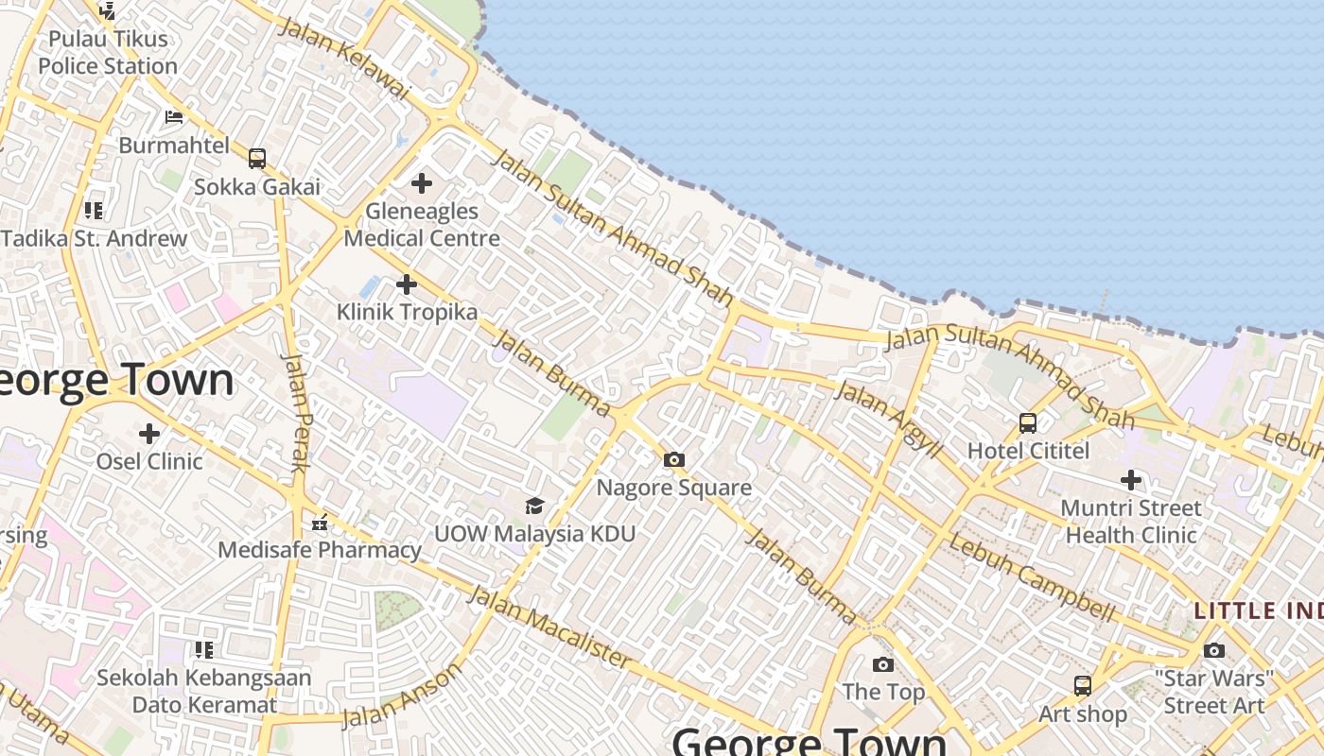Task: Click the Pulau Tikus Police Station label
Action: (x=108, y=53)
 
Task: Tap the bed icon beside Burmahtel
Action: (x=174, y=117)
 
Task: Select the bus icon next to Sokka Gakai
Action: (x=257, y=159)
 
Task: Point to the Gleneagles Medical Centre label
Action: (x=422, y=225)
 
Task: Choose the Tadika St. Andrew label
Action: (x=95, y=238)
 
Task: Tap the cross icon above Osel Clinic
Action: (x=149, y=434)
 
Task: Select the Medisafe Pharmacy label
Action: (x=320, y=550)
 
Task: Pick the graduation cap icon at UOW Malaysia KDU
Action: (x=534, y=506)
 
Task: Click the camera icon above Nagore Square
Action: (x=673, y=460)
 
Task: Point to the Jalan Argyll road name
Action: (x=888, y=421)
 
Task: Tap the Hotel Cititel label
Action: (x=1028, y=451)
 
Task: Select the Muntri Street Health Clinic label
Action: (x=1131, y=522)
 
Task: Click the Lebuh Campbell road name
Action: (x=1031, y=578)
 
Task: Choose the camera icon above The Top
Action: (x=882, y=664)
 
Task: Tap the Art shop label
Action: (x=1083, y=714)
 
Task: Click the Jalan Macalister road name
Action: (x=549, y=626)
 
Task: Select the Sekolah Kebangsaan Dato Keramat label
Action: (x=204, y=692)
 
